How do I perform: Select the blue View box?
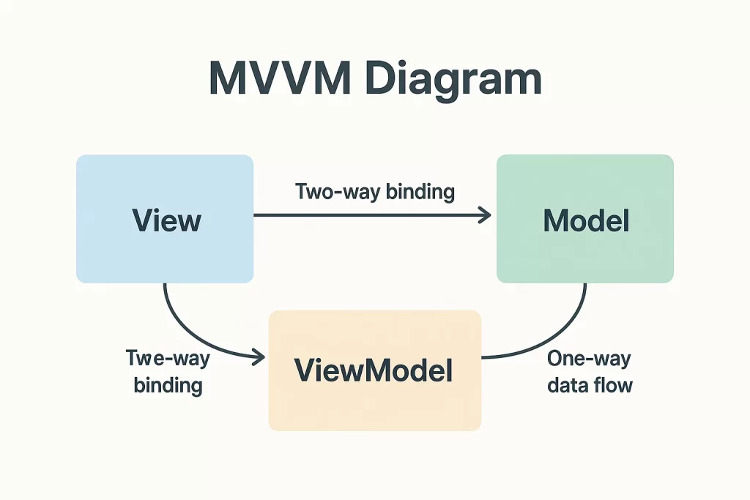165,219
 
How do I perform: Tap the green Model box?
585,219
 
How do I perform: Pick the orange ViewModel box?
375,370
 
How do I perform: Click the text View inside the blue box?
166,220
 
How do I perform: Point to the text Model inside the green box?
587,220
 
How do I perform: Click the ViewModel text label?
374,370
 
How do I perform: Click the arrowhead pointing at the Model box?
486,215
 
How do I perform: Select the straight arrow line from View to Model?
372,215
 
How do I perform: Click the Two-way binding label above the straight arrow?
375,192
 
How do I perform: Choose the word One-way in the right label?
590,359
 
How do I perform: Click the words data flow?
590,385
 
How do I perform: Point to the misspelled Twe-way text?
168,359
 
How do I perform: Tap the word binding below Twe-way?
168,386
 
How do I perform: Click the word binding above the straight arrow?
420,192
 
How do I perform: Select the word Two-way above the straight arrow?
338,192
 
